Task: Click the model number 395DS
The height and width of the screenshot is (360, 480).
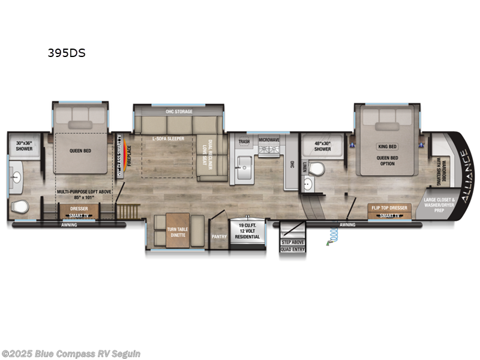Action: [67, 53]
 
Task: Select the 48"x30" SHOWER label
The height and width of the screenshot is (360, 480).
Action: [322, 146]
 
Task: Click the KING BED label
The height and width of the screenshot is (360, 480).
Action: [387, 146]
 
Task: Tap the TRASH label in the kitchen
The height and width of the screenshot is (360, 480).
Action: [244, 142]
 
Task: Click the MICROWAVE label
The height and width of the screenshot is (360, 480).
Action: [269, 139]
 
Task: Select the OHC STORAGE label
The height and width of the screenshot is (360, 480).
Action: [178, 111]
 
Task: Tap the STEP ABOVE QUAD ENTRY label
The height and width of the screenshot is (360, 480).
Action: [293, 245]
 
